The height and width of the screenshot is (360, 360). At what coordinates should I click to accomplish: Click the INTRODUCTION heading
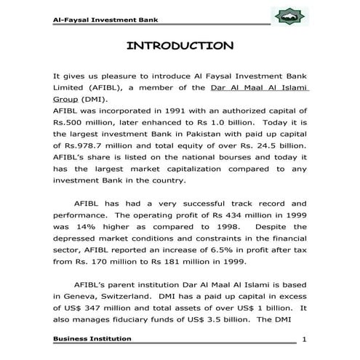tap(180, 47)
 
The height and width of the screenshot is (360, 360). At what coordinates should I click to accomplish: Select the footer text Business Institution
tap(92, 338)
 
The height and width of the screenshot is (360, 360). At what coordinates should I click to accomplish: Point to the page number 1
tap(304, 340)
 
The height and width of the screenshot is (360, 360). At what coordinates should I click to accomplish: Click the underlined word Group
tap(66, 98)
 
